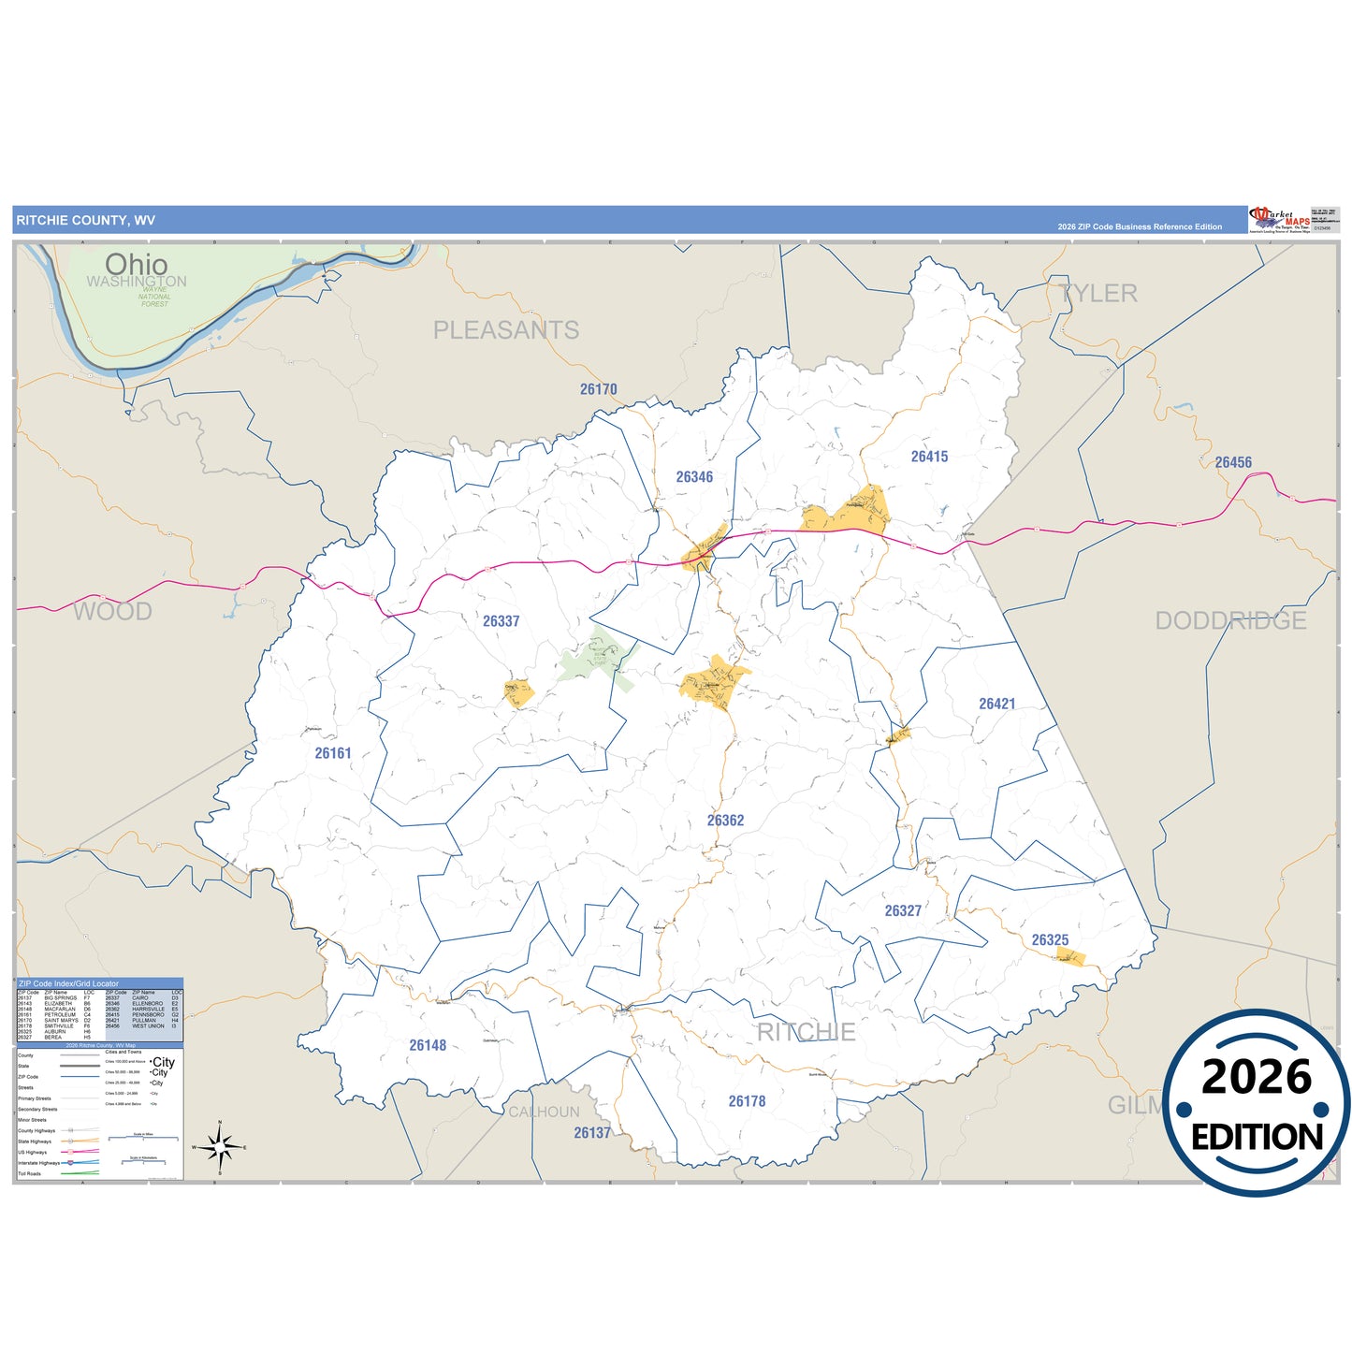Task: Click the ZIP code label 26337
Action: [x=501, y=621]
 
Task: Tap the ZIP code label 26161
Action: [x=333, y=753]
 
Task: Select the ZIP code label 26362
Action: [x=725, y=821]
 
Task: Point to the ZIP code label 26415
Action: [x=929, y=457]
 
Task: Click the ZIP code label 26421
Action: [x=996, y=704]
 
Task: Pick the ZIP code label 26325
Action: [x=1050, y=939]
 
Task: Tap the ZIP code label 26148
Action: [x=428, y=1045]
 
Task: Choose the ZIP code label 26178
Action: [x=747, y=1101]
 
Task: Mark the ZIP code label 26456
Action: [x=1233, y=462]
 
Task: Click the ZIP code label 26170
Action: [x=598, y=389]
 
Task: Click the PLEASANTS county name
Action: [x=505, y=330]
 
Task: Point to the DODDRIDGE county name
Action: [x=1230, y=620]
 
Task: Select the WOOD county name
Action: [x=112, y=612]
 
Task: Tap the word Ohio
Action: [x=137, y=264]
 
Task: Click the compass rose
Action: [x=220, y=1145]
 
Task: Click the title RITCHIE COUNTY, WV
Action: [x=85, y=221]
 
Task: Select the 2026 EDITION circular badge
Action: [x=1256, y=1103]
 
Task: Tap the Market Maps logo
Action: [x=1280, y=220]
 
